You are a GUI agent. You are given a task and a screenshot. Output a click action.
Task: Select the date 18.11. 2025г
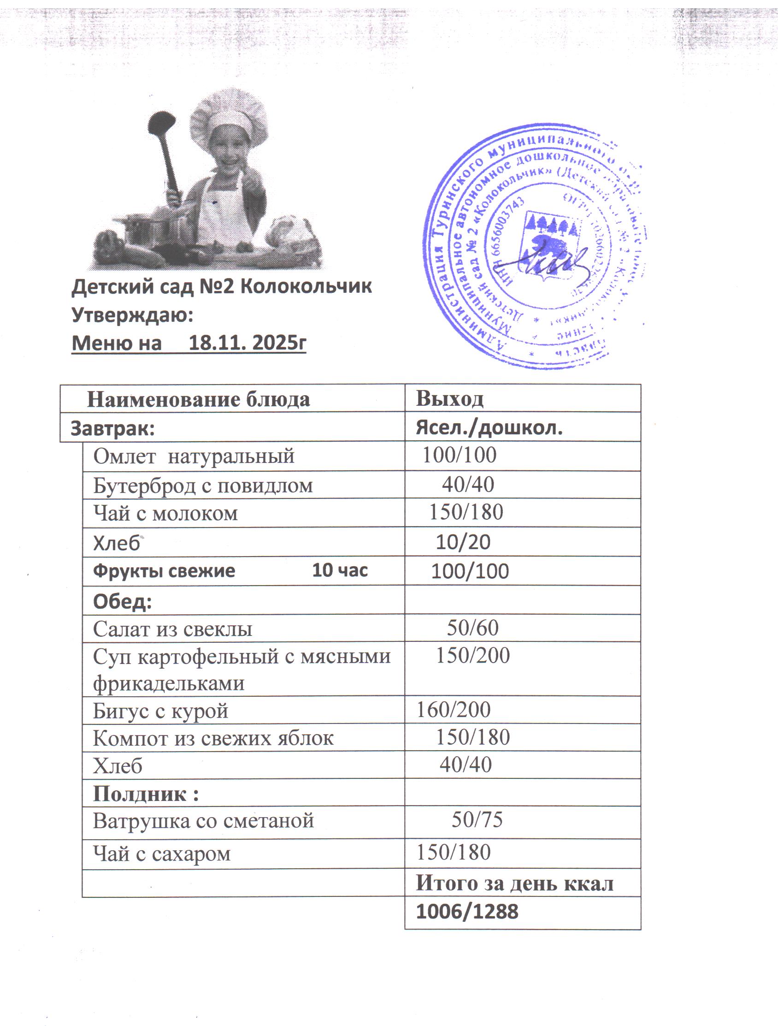point(248,343)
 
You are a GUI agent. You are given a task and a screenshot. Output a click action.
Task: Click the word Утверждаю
point(132,315)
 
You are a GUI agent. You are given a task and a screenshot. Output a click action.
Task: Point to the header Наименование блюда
point(199,399)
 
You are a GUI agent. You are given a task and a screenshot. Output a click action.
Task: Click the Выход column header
point(449,398)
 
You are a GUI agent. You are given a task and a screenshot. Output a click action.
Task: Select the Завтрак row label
point(112,428)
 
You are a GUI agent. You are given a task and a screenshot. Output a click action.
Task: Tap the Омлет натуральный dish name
point(194,456)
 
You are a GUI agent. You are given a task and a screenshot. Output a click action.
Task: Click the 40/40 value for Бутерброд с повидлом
point(468,485)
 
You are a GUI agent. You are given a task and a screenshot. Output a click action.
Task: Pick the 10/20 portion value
point(463,542)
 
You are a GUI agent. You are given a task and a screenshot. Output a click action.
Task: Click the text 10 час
point(340,570)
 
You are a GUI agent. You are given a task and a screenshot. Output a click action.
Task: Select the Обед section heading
point(123,601)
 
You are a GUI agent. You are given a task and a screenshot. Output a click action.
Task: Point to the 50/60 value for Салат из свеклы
point(472,628)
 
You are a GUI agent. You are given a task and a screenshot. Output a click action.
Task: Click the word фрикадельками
point(169,683)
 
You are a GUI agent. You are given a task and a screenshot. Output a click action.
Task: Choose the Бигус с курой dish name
point(160,711)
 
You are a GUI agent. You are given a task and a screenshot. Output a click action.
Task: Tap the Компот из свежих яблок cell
point(213,738)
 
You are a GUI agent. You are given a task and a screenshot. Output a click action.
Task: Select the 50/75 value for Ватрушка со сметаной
point(477,819)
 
